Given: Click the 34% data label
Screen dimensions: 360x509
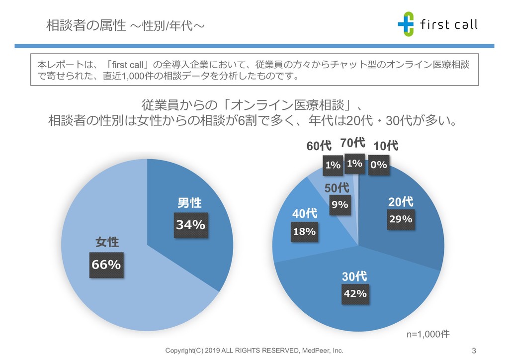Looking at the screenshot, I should tap(191, 225).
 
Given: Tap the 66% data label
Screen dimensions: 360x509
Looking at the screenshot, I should tap(106, 265).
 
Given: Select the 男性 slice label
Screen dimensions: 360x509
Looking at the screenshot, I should tap(190, 203).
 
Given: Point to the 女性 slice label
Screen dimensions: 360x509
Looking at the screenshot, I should tap(107, 242).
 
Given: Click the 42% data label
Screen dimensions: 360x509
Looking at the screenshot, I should tap(355, 293).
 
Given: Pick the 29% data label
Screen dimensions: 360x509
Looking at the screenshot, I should tap(400, 219).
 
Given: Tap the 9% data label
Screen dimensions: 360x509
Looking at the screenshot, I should tap(340, 204).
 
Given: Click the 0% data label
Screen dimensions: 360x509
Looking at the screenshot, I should tap(378, 165).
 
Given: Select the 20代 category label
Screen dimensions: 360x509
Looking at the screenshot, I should tap(401, 202).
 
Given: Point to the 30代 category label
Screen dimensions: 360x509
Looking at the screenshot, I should tap(354, 276).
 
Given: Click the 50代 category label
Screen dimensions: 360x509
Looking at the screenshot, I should tap(337, 188).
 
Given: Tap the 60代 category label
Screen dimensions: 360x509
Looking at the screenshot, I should tap(319, 146).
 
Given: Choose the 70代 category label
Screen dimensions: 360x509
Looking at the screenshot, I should tap(353, 144).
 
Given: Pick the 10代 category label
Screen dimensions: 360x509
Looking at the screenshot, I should tap(386, 146).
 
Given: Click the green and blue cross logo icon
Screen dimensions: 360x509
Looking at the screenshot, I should tap(406, 24).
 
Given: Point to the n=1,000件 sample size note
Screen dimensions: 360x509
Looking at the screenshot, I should tap(428, 334).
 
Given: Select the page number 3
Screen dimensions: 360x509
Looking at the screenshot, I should tap(474, 351).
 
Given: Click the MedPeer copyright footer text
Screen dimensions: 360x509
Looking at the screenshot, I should tap(254, 351).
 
